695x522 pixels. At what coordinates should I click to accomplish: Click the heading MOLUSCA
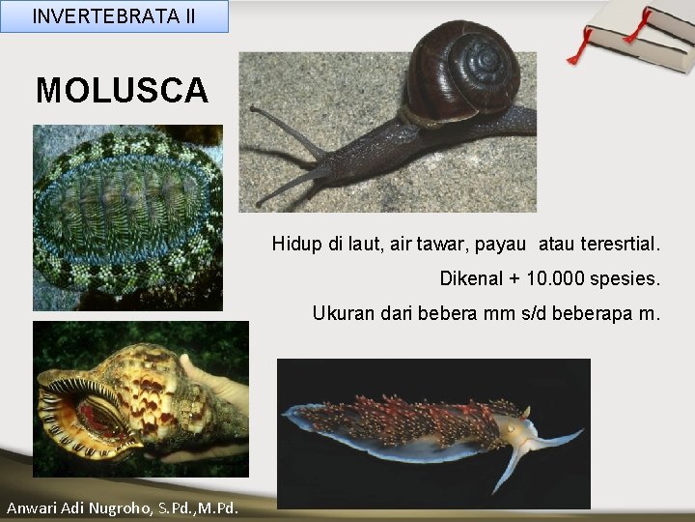(x=122, y=90)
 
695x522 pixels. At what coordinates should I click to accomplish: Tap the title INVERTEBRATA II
(x=113, y=16)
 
